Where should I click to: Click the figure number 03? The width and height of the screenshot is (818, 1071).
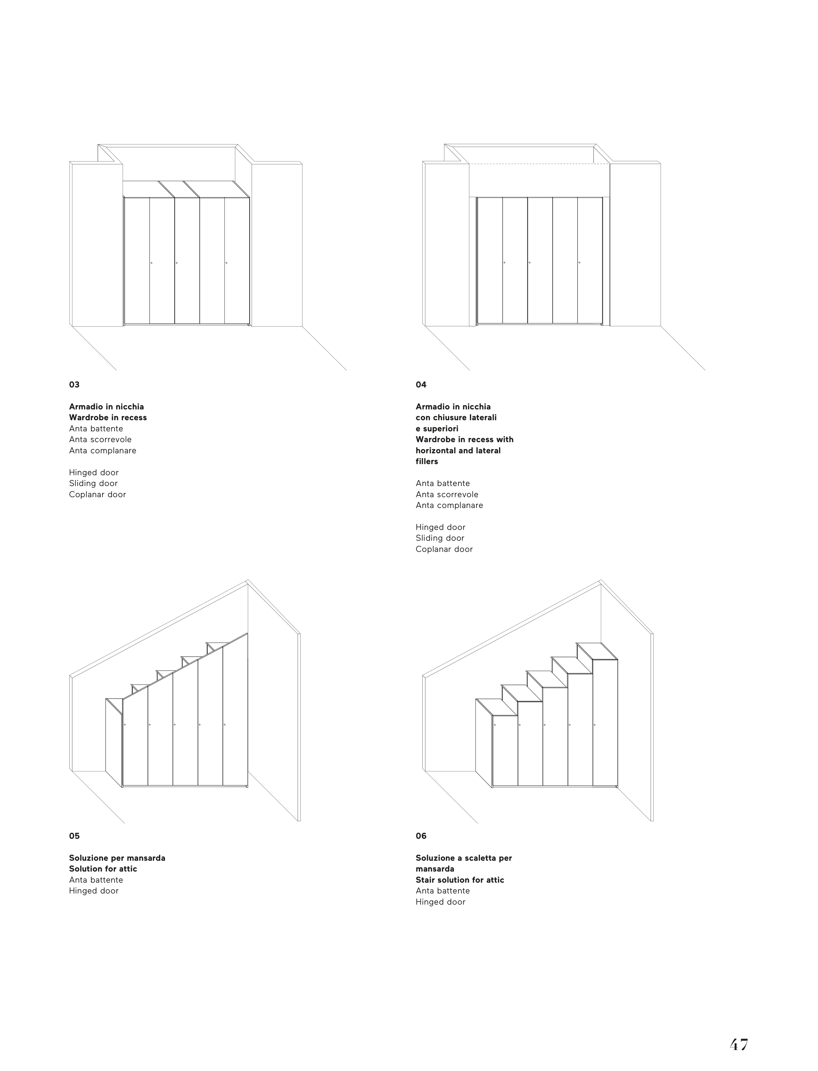click(74, 385)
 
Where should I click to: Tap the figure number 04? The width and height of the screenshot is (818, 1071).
click(421, 385)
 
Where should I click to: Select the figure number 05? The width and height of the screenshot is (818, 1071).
click(74, 836)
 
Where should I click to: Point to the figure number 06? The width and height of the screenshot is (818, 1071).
click(421, 836)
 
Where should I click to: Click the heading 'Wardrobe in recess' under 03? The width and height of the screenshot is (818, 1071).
click(108, 418)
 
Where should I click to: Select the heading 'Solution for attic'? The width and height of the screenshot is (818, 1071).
click(103, 869)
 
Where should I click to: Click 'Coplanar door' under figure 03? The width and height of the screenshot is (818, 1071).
click(98, 495)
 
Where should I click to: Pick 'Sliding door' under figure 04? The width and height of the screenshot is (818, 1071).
click(440, 538)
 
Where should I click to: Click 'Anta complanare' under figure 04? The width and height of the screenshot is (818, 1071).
click(449, 505)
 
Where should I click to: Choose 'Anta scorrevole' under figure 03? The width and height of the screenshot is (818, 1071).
click(100, 440)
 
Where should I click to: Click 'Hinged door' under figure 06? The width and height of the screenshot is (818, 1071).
click(440, 902)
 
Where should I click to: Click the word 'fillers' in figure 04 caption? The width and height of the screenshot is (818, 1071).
click(427, 461)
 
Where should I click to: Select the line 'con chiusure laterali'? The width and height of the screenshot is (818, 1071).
click(456, 418)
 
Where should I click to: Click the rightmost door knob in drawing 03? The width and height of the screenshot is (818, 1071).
click(226, 263)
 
